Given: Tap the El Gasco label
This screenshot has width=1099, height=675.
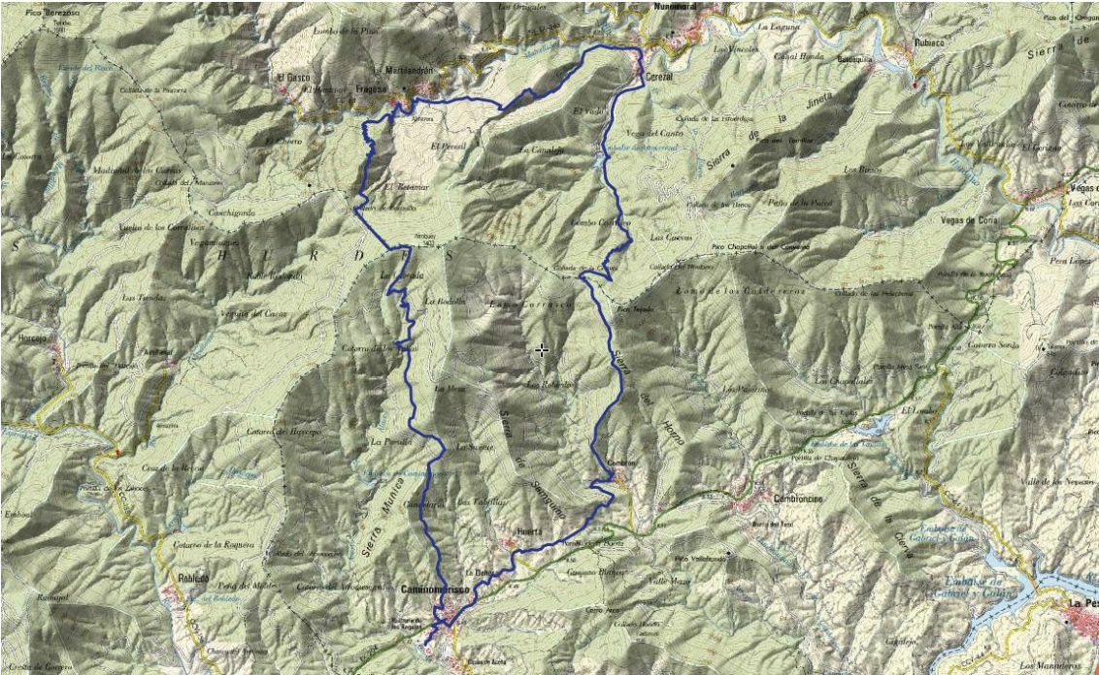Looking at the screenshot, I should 290,77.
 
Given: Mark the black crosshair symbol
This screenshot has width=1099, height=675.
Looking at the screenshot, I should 542,349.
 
